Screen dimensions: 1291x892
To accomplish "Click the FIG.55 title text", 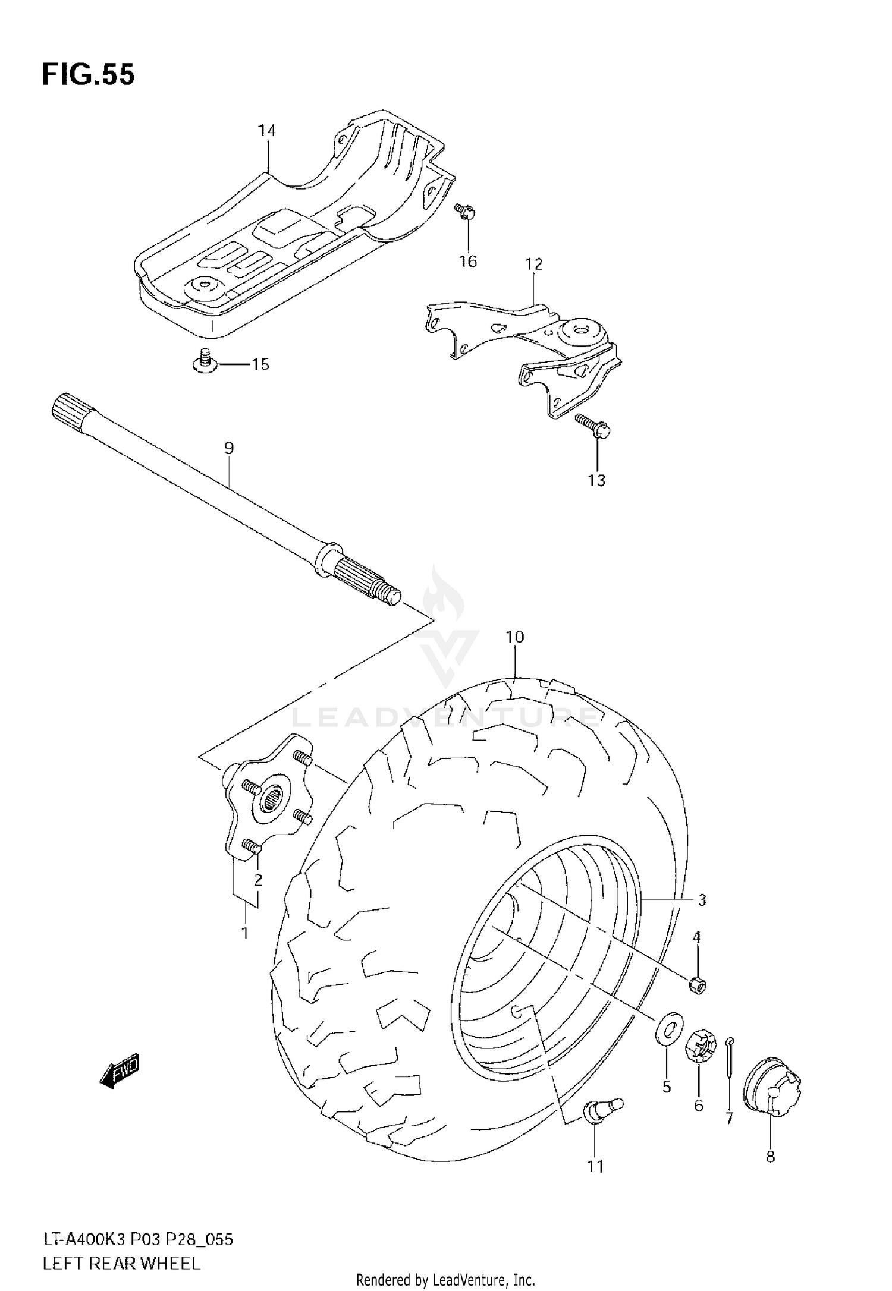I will click(x=88, y=75).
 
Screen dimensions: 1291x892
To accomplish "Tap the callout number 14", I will click(x=267, y=131).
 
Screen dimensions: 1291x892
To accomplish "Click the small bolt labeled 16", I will click(x=464, y=211).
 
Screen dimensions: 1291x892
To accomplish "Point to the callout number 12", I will click(x=534, y=264).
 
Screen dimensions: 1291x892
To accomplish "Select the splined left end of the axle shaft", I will click(x=70, y=409).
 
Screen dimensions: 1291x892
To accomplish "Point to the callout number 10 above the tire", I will click(x=515, y=637).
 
